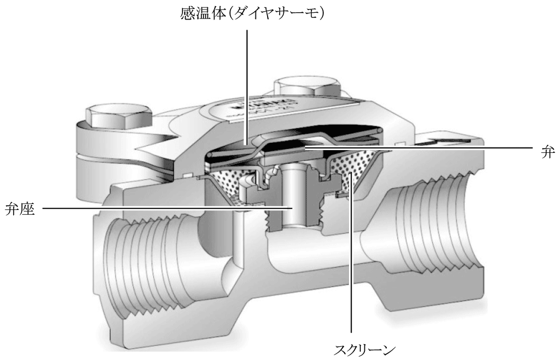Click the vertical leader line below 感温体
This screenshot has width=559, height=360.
point(247,79)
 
